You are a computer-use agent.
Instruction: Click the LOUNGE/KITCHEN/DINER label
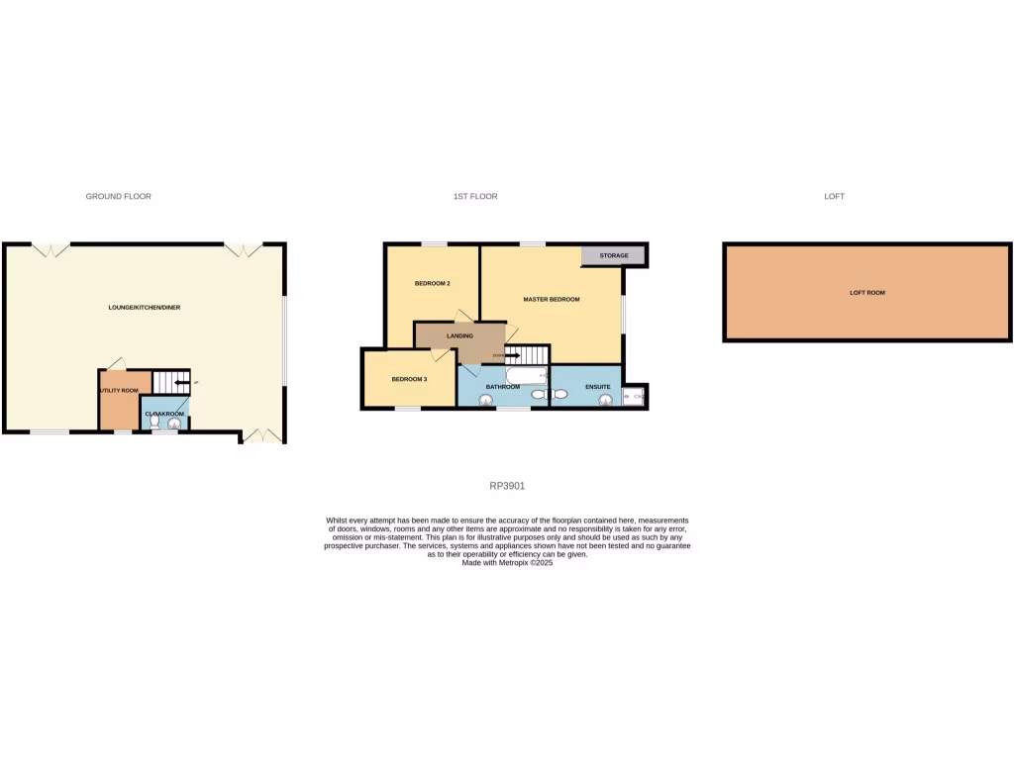click(145, 308)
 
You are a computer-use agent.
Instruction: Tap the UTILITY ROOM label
click(118, 391)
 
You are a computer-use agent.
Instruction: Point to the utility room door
click(115, 363)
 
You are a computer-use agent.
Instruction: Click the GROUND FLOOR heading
click(119, 197)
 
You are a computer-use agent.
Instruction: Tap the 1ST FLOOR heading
click(475, 197)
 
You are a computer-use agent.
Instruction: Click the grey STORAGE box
click(613, 255)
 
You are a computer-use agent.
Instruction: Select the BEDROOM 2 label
click(433, 284)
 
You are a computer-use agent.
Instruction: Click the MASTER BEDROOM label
click(552, 299)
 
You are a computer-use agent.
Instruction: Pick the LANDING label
click(459, 336)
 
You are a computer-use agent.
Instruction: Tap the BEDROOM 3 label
click(409, 379)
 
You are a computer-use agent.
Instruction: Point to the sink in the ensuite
click(605, 399)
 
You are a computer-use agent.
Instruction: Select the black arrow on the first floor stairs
click(512, 354)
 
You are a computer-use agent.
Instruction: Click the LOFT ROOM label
click(867, 293)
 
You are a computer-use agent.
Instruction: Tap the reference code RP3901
click(507, 486)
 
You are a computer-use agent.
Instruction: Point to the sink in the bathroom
click(485, 400)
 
